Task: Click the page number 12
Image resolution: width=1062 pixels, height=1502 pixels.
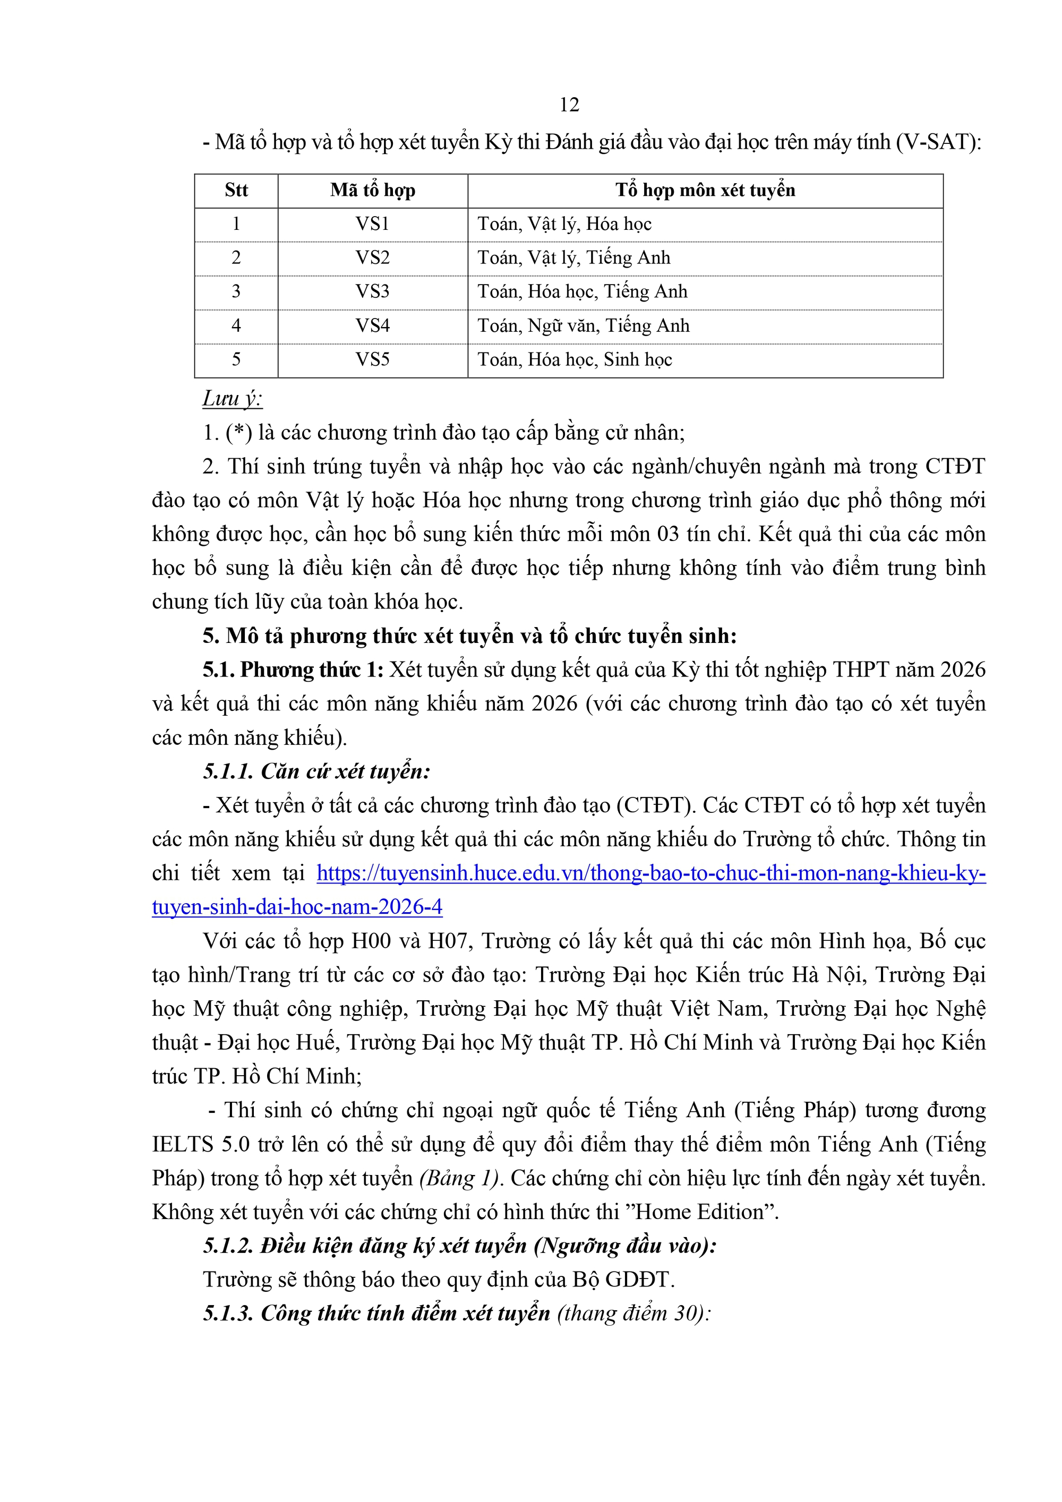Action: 569,105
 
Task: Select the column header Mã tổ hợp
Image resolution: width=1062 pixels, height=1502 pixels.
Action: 372,191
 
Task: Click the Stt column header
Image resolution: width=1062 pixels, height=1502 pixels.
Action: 236,191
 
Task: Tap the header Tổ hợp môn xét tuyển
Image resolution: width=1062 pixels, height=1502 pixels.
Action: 705,191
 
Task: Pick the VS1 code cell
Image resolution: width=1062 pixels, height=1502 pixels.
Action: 372,225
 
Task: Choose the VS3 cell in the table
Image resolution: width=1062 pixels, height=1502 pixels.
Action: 372,292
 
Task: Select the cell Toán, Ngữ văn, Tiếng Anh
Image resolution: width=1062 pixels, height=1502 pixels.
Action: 583,326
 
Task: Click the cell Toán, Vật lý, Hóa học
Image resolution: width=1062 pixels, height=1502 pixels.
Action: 564,225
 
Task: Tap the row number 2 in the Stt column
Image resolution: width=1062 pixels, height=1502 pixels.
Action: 236,258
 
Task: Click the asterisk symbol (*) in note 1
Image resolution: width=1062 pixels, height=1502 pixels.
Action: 239,432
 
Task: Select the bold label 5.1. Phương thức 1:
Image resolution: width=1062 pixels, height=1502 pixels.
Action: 293,670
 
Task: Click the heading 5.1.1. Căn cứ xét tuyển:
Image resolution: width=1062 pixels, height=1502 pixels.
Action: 316,771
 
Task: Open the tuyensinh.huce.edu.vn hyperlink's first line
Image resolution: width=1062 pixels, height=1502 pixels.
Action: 650,873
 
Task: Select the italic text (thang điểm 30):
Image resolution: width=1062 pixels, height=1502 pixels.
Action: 633,1314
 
